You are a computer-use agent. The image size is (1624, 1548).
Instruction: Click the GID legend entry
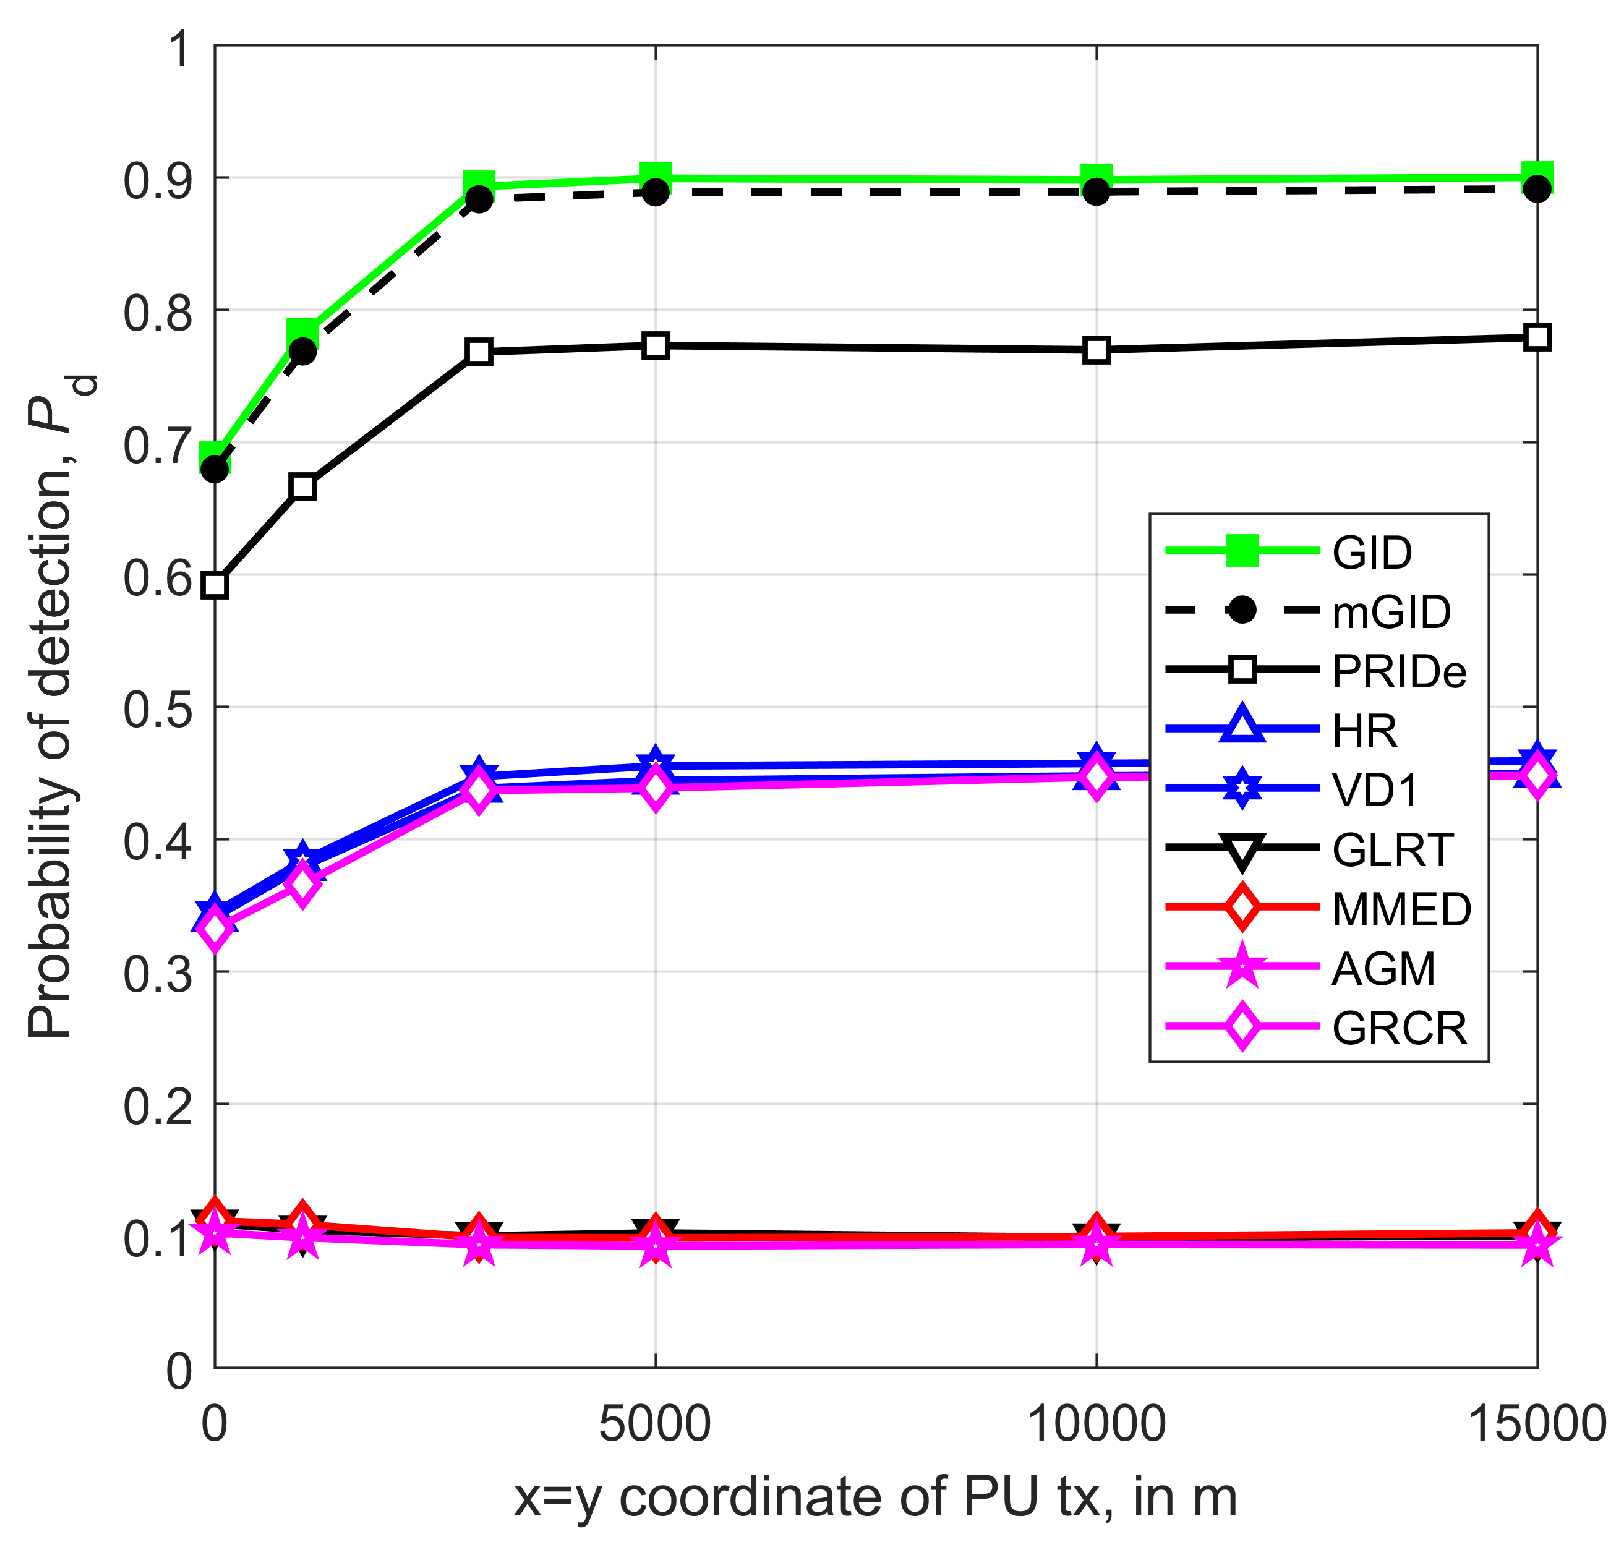(1371, 552)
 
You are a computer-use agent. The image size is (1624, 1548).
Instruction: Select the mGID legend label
(1390, 612)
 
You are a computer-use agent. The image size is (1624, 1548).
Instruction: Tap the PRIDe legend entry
(1398, 671)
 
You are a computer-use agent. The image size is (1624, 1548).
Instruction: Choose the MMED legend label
(1401, 909)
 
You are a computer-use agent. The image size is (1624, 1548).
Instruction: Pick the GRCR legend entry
(1398, 1028)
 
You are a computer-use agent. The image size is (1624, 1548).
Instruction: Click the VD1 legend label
(1375, 790)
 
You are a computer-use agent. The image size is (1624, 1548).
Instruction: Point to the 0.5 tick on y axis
(157, 708)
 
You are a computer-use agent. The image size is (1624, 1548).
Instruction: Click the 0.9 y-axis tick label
(157, 179)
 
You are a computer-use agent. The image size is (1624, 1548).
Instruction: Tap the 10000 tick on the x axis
(1096, 1423)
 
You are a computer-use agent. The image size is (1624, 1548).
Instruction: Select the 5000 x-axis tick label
(655, 1423)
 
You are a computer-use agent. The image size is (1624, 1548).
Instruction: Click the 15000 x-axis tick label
(1536, 1423)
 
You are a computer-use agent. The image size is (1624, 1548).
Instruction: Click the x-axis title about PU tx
(876, 1497)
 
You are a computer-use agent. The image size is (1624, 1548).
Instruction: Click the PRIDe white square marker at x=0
(215, 585)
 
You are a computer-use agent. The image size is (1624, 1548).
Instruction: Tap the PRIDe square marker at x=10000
(1097, 350)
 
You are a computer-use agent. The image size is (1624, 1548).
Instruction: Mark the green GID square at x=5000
(656, 178)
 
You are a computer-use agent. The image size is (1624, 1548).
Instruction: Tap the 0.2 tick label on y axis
(157, 1105)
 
